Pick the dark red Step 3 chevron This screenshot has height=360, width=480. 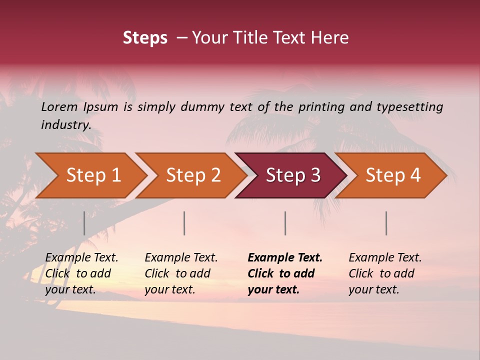point(293,175)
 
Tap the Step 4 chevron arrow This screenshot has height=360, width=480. point(393,175)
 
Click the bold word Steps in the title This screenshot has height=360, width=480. point(145,38)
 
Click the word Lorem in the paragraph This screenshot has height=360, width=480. point(59,106)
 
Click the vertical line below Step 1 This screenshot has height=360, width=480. point(84,223)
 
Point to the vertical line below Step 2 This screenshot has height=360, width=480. point(184,223)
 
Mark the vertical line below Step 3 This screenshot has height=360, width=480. point(285,223)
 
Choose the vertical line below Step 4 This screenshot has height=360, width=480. point(386,223)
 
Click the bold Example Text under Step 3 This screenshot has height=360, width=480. point(285,258)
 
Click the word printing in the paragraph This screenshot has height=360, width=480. point(321,107)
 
